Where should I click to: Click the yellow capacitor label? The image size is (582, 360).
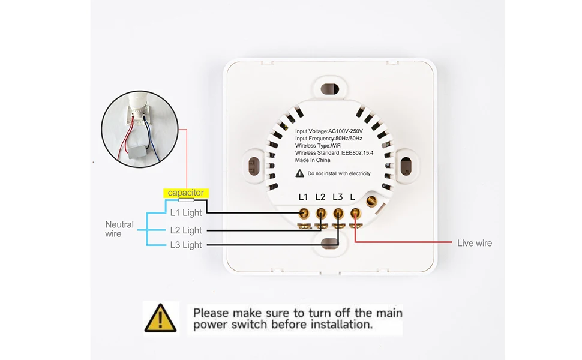186,193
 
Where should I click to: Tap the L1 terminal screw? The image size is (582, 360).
304,212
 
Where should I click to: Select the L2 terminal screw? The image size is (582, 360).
321,212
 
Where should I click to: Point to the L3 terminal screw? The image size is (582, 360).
338,212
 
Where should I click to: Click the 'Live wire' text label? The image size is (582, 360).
474,243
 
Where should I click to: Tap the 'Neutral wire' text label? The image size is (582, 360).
119,229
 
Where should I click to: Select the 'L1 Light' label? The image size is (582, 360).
186,212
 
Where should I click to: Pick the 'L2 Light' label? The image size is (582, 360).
186,230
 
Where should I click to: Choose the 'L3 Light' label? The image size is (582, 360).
186,245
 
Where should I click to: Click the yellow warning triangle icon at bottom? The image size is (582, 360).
160,318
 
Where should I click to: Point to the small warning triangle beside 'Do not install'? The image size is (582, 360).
300,173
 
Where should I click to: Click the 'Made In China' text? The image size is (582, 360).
313,160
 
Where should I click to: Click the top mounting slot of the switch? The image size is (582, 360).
329,89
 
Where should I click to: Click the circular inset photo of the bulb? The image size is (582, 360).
139,129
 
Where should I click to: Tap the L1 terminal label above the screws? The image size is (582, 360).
303,197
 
